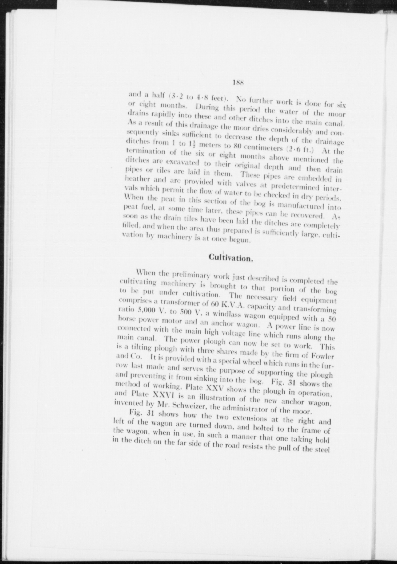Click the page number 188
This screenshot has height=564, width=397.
(237, 83)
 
